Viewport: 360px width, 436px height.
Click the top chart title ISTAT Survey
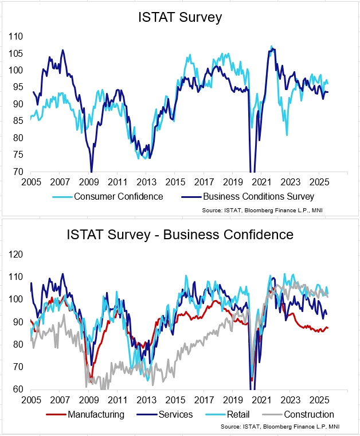pos(180,17)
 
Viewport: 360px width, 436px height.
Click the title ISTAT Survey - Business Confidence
pos(180,234)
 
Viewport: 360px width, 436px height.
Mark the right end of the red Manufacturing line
pos(328,328)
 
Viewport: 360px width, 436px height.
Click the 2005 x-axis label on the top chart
pos(31,182)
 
